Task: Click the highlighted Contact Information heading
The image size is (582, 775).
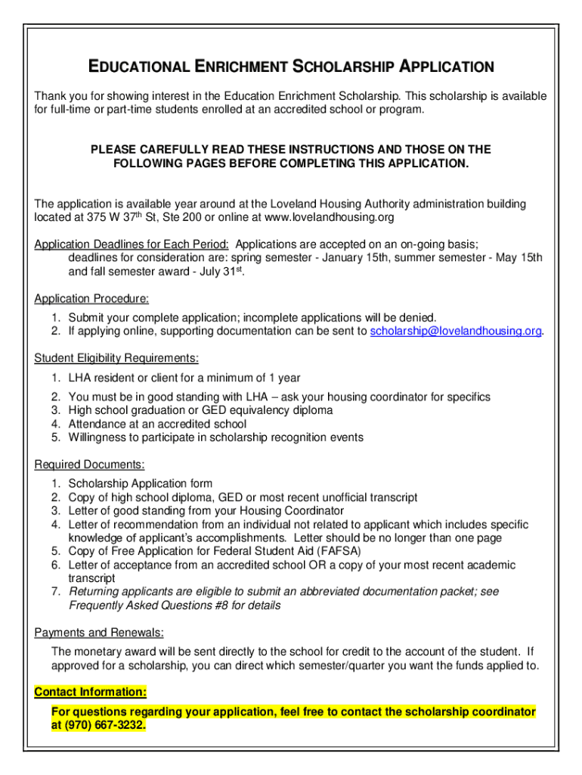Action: pos(91,692)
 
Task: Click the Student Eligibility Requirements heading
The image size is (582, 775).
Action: pos(116,358)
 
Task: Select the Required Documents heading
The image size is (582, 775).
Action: pos(89,464)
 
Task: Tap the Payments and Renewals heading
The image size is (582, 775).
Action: pos(99,633)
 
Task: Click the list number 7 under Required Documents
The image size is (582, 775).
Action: pos(55,592)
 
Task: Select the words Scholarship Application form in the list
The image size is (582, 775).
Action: pos(140,484)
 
